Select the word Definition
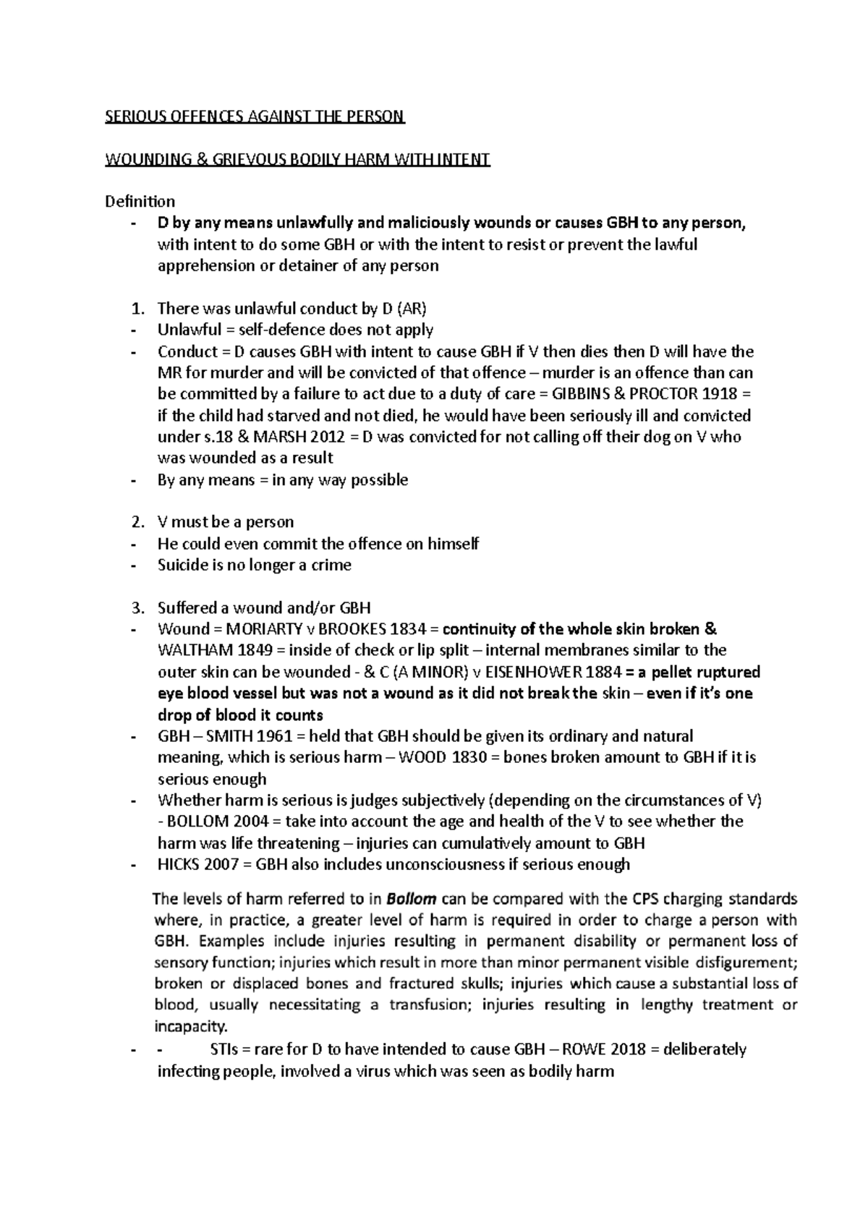(140, 202)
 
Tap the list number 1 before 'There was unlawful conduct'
(137, 309)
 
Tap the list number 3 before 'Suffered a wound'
(137, 607)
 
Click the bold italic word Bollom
(411, 900)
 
